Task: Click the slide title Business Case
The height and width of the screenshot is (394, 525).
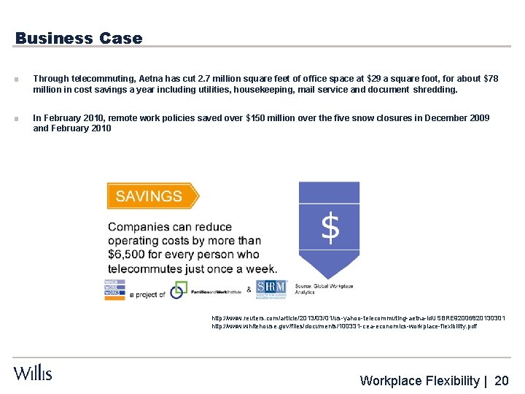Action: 79,38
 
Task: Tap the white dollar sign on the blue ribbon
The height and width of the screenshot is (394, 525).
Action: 330,228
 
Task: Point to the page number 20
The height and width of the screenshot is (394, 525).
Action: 502,380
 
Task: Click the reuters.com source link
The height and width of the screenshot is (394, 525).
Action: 357,318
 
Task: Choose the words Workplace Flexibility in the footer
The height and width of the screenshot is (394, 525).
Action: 420,380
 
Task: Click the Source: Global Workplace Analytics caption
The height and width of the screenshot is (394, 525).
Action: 324,289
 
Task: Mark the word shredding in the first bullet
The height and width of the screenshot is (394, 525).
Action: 436,90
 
